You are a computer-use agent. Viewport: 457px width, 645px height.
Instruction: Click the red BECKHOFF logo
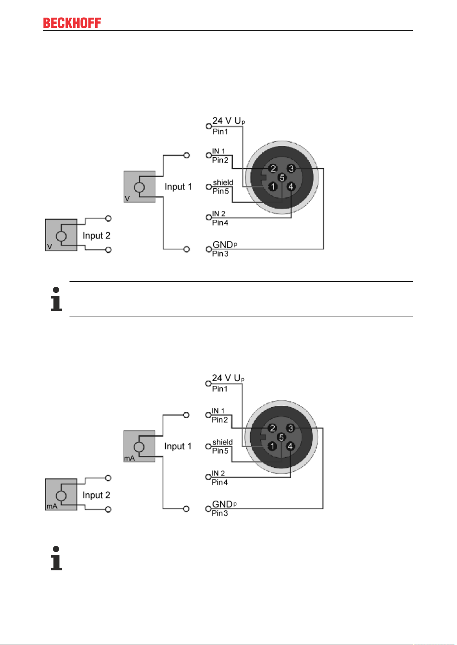coord(72,23)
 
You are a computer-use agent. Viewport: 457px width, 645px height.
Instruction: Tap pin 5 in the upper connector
coord(282,178)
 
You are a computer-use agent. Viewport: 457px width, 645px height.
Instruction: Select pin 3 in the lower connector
coord(290,428)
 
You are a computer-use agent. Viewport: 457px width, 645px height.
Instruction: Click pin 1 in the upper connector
coord(273,187)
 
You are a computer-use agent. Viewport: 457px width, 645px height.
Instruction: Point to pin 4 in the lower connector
coord(290,446)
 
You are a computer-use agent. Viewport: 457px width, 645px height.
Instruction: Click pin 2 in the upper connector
coord(273,168)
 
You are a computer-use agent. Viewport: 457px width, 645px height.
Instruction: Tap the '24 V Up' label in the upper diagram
coord(228,121)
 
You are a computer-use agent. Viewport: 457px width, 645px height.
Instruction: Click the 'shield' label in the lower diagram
coord(222,442)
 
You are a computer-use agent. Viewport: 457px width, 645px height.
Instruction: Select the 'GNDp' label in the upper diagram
coord(225,245)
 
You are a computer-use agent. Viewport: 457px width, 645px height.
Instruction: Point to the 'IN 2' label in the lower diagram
coord(218,473)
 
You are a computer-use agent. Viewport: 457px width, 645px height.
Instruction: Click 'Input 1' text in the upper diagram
coord(178,186)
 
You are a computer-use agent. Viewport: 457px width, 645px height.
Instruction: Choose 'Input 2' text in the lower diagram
coord(96,495)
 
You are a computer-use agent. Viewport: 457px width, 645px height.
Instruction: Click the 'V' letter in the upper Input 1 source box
coord(127,198)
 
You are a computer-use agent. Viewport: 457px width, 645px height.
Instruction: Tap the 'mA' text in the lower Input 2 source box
coord(52,506)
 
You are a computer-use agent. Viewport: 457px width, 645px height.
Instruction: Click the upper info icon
coord(56,299)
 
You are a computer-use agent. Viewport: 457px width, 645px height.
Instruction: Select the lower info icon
coord(56,558)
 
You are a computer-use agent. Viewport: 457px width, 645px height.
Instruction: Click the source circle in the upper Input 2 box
coord(61,236)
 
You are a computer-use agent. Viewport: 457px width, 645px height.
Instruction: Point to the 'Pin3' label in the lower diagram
coord(220,513)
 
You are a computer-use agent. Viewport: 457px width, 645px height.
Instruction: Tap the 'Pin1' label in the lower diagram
coord(220,389)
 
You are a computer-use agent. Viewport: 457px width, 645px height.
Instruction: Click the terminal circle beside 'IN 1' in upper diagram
coord(209,155)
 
